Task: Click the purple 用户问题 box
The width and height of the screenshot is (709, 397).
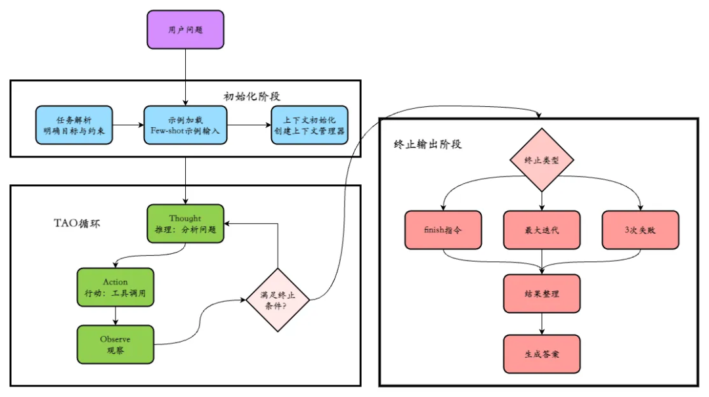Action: pos(185,30)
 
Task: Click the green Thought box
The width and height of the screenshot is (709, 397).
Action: pos(185,224)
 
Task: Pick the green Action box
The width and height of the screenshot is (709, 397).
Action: pos(116,287)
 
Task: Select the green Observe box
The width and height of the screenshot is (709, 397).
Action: pos(116,345)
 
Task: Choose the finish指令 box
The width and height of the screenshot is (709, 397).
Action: pos(443,230)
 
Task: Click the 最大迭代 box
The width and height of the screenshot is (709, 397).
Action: pos(542,230)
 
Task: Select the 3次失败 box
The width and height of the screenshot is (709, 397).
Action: pos(640,230)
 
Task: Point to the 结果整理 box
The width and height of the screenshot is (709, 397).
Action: pos(542,293)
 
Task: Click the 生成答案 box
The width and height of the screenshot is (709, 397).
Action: pos(542,354)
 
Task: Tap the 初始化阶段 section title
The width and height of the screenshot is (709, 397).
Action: pos(252,96)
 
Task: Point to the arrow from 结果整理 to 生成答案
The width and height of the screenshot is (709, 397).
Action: pos(542,324)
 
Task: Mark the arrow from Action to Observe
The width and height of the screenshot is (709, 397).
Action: pos(116,316)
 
